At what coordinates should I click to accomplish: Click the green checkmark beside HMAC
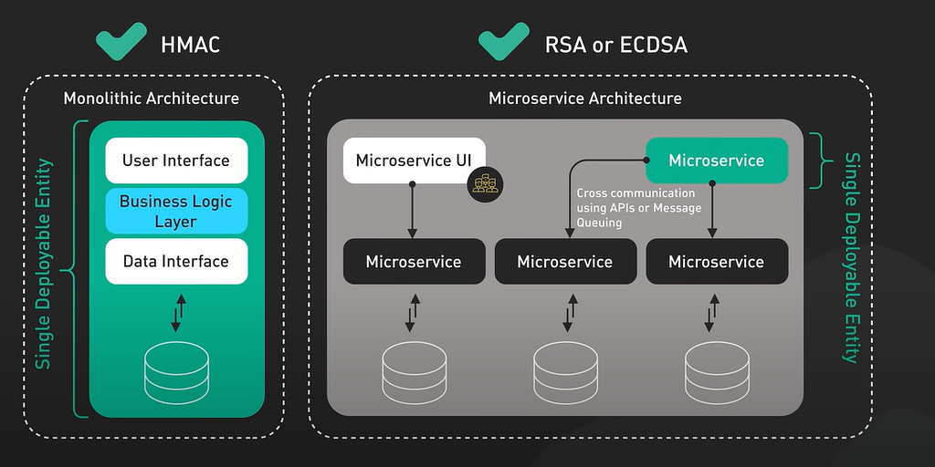121,42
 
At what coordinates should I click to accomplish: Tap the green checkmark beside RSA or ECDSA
503,42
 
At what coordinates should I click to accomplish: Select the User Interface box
176,161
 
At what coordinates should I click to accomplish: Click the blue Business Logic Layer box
176,211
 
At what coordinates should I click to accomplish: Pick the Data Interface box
176,262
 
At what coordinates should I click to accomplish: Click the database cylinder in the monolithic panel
176,373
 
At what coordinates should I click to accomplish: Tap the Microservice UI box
414,161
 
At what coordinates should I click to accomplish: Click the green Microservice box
717,161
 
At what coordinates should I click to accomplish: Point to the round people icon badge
486,184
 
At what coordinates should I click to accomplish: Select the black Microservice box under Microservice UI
414,262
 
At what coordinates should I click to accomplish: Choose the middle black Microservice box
565,262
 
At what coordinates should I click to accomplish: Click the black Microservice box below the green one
717,262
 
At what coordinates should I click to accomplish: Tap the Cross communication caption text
639,208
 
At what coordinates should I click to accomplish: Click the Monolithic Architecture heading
152,99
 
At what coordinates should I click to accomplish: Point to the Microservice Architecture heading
585,99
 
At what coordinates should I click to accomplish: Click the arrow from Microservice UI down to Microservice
412,211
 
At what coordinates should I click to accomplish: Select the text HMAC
190,45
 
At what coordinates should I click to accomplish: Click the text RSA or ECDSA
616,45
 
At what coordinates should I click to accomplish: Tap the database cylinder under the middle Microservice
565,373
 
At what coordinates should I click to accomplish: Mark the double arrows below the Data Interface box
178,313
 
